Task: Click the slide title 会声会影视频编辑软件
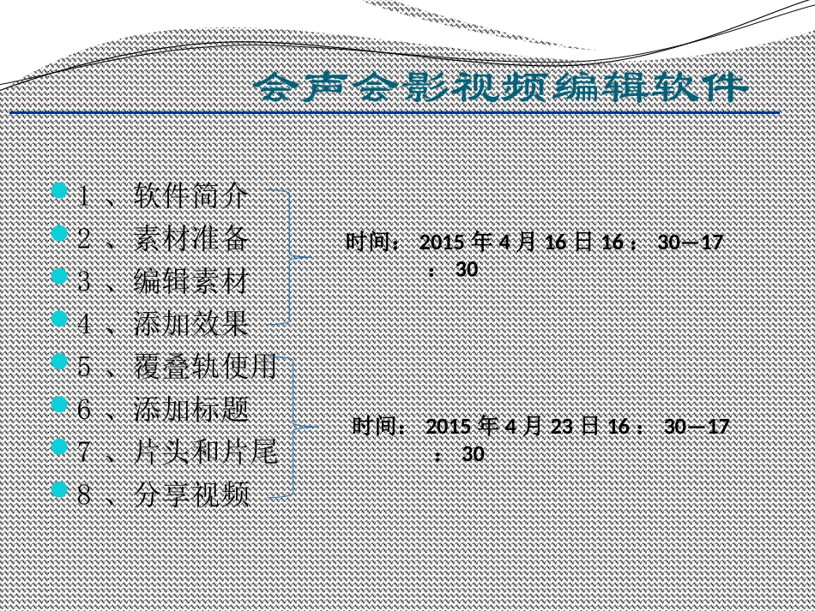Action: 503,87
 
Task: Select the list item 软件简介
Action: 191,197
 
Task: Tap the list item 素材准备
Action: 191,238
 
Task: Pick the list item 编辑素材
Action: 191,281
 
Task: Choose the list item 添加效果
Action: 191,324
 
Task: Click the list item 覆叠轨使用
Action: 205,367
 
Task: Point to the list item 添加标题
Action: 191,410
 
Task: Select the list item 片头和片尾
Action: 205,452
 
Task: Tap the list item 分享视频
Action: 191,494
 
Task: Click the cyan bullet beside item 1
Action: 58,190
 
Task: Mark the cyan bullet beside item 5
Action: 58,362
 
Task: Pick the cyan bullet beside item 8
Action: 58,489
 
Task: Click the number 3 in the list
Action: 84,281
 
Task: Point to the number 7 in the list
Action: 84,452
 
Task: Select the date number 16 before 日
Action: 555,243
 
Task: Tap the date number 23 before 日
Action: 562,427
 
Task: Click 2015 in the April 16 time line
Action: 442,243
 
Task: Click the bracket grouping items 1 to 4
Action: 292,256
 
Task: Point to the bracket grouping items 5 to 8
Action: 297,426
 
